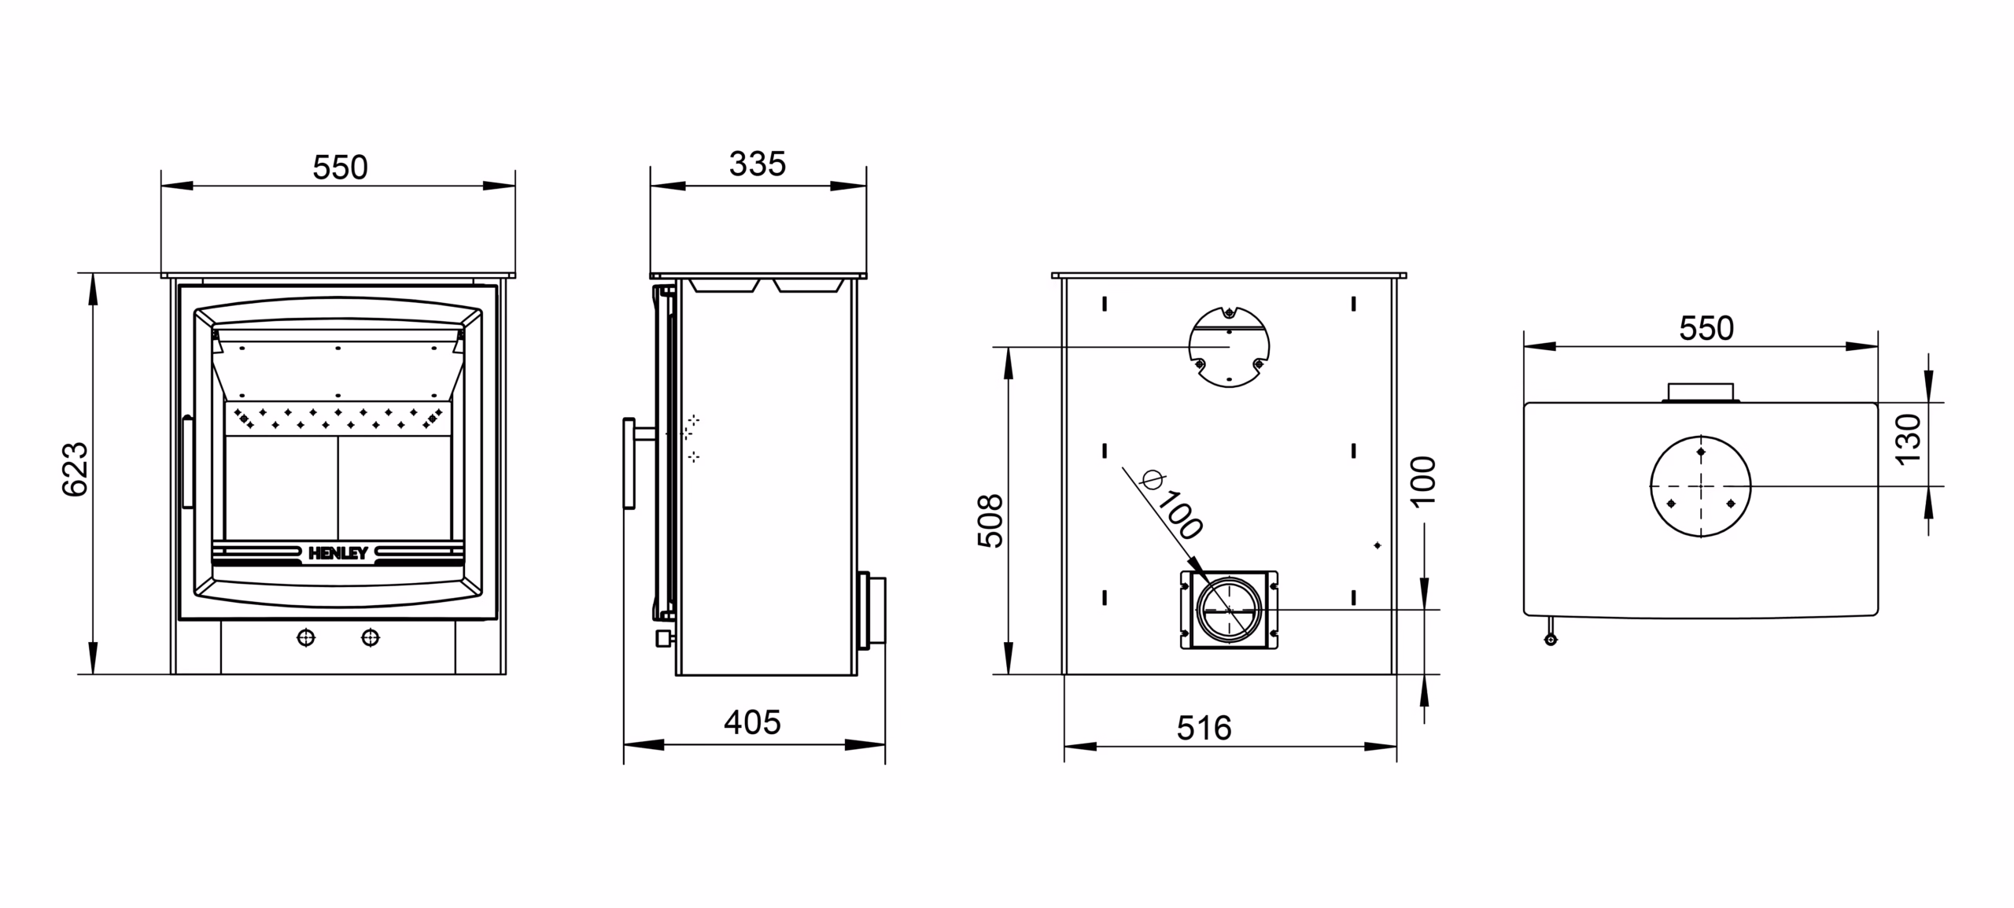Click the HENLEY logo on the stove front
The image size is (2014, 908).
(x=338, y=553)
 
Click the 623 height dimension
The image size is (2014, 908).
(x=76, y=470)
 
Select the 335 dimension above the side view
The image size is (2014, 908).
(x=757, y=164)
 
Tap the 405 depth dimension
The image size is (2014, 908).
(x=752, y=722)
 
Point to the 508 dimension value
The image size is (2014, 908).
(x=990, y=521)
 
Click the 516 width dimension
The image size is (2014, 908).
(x=1204, y=729)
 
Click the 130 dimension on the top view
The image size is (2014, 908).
(x=1909, y=439)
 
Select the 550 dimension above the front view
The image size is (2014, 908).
(x=340, y=168)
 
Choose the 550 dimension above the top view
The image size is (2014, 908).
(x=1706, y=329)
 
